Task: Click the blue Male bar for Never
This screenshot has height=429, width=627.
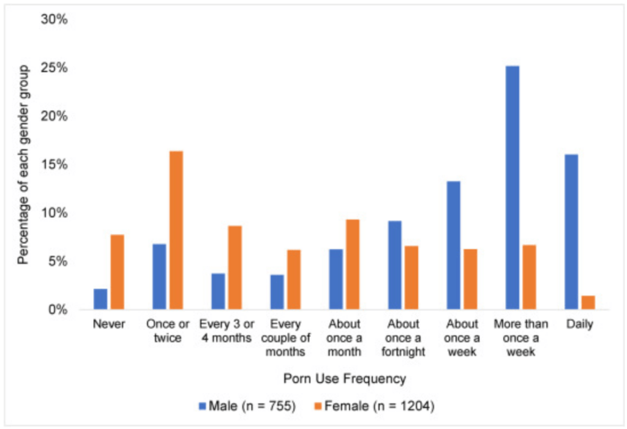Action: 100,299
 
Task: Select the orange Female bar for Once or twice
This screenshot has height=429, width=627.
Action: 176,229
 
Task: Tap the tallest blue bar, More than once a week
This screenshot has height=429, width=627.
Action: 512,187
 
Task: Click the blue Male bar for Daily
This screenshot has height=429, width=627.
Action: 571,231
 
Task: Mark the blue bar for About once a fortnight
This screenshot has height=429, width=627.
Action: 394,264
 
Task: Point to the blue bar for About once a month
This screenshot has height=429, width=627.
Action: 336,278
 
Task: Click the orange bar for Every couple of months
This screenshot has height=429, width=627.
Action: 294,279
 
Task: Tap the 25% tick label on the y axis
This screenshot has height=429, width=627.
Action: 54,68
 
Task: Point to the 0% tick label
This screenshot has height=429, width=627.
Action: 58,310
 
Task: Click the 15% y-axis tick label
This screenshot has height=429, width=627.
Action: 54,165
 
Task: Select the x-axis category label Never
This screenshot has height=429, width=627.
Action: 109,324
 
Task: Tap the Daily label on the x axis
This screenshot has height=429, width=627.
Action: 579,324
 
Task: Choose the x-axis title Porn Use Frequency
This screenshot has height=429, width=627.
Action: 344,379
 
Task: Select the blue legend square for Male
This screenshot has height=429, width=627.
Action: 201,406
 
